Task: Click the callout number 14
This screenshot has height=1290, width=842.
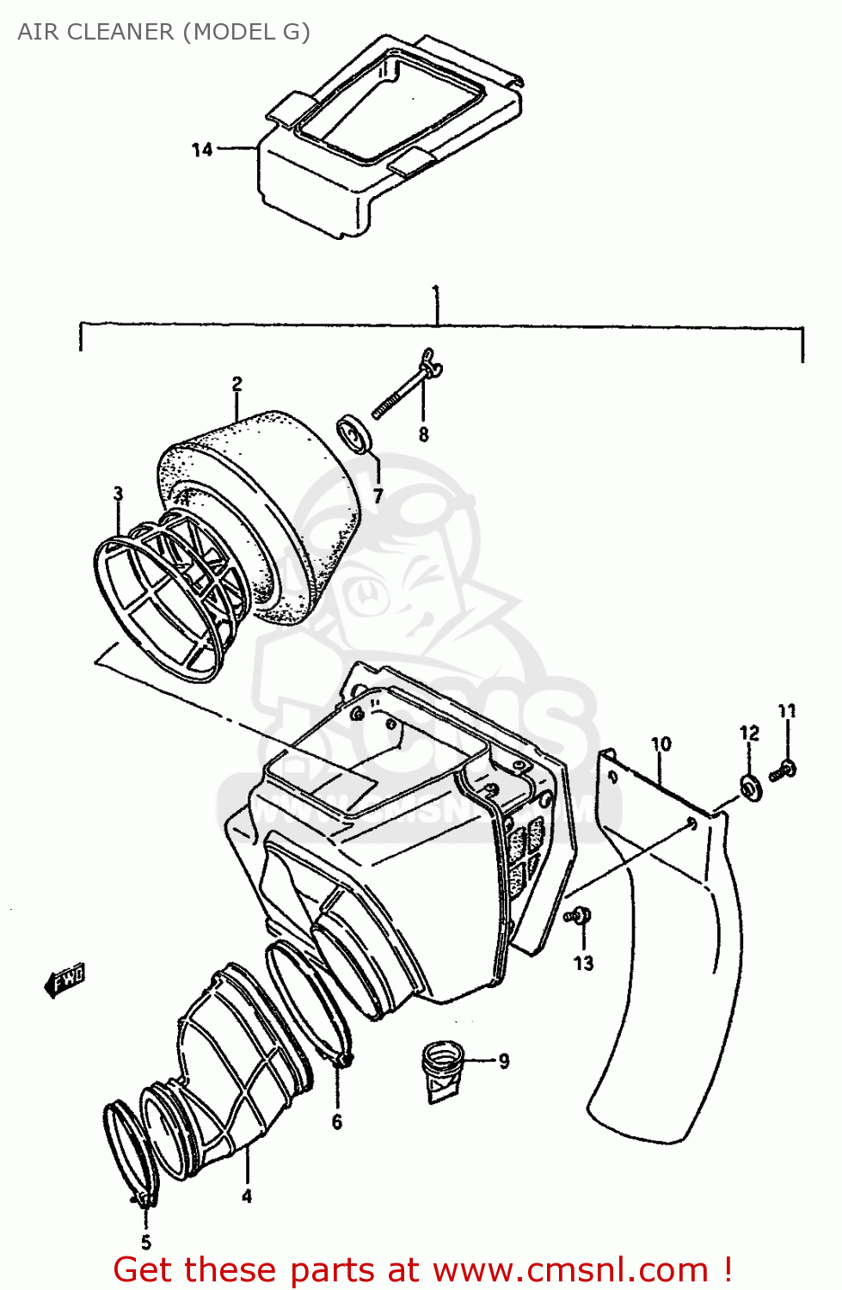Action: [x=201, y=150]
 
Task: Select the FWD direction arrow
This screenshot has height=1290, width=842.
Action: [x=65, y=980]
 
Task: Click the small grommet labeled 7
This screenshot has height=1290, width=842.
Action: [x=353, y=433]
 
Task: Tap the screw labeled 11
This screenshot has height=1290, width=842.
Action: [x=784, y=770]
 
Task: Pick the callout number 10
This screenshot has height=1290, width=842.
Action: [x=661, y=744]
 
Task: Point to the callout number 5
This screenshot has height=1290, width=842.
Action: [x=145, y=1242]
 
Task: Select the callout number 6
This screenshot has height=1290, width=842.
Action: [x=336, y=1121]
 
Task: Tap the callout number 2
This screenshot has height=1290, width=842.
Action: [x=237, y=384]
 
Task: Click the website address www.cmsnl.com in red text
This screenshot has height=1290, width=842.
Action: [x=569, y=1269]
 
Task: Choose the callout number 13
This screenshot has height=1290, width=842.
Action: [x=583, y=963]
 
